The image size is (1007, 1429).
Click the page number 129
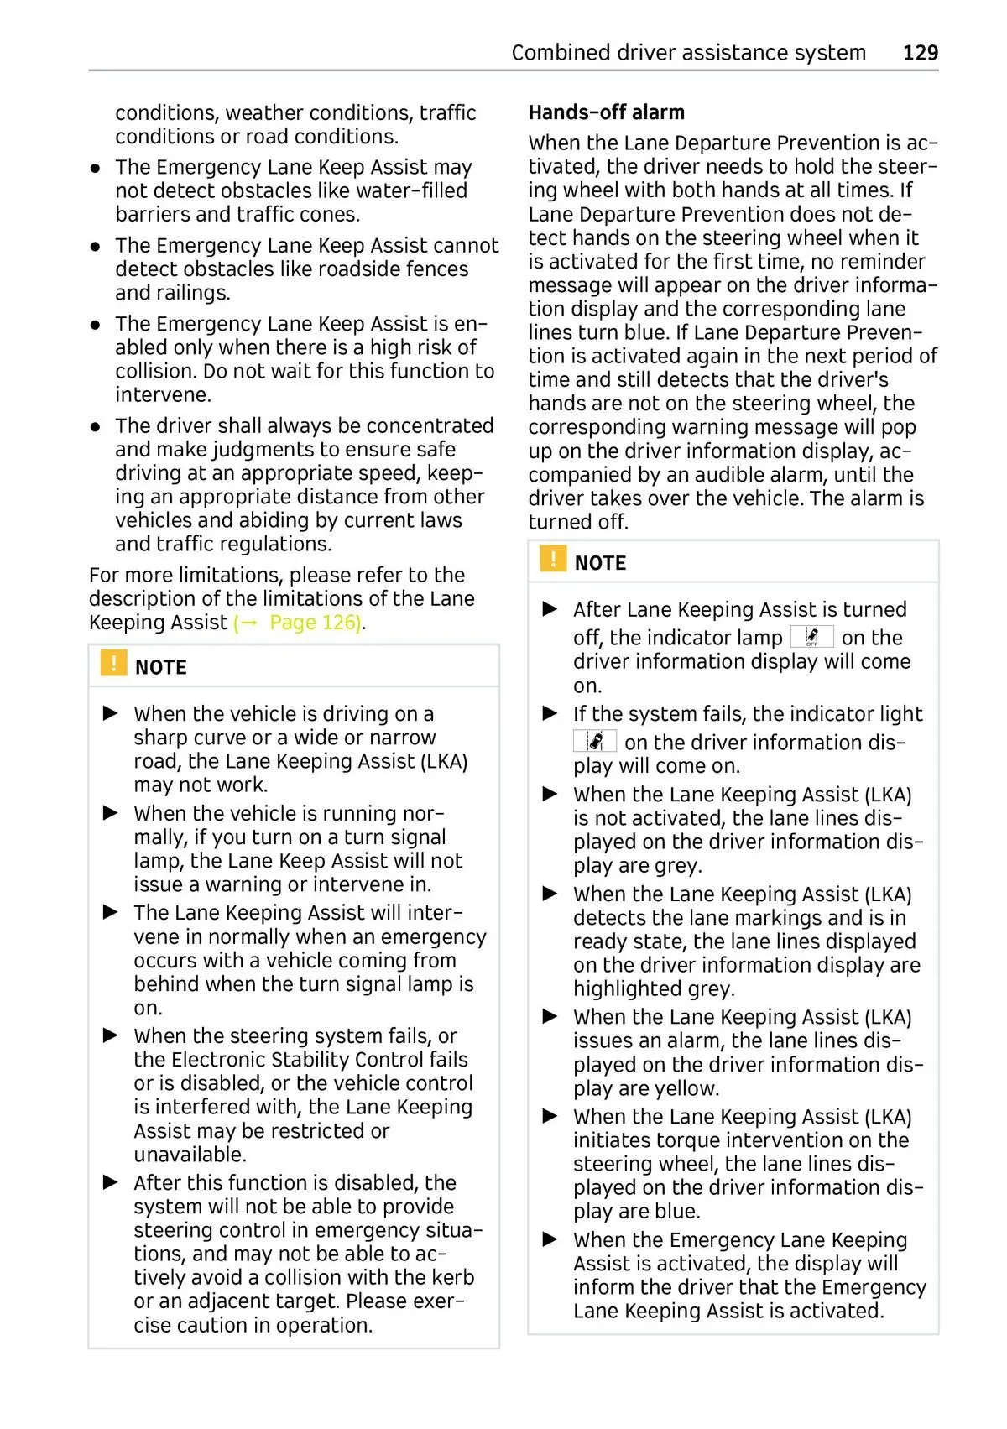[x=920, y=53]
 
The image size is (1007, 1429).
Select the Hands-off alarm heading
[x=606, y=112]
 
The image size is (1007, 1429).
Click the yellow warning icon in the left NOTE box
[x=113, y=663]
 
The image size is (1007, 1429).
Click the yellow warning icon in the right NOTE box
[x=553, y=559]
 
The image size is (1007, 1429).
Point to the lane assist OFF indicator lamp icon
[x=811, y=637]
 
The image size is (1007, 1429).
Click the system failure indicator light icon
[x=595, y=741]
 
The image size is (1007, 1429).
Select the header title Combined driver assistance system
[x=688, y=53]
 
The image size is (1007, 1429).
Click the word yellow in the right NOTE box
[x=686, y=1088]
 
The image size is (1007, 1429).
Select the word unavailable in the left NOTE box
[x=189, y=1155]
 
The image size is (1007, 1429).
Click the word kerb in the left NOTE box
[x=454, y=1277]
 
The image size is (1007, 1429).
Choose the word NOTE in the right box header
[x=600, y=563]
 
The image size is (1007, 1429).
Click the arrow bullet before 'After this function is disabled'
[x=111, y=1182]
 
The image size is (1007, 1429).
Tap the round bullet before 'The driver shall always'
[x=97, y=426]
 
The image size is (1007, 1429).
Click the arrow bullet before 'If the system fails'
[x=550, y=713]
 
